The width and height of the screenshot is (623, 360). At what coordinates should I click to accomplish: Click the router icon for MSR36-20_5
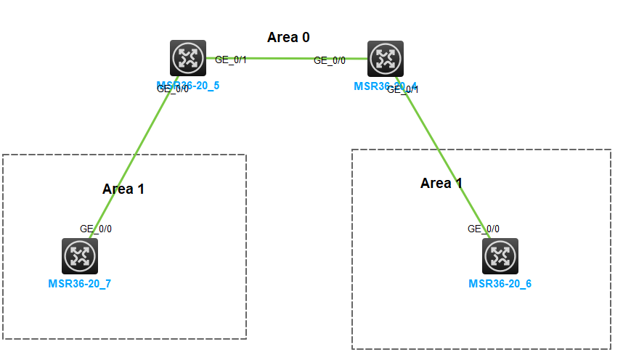[x=189, y=58]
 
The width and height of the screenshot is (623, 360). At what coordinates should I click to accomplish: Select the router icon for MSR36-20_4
[x=386, y=58]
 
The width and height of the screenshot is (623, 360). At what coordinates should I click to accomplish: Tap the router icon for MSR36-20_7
[x=80, y=255]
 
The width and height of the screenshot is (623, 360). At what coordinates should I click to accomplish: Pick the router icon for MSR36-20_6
[x=500, y=255]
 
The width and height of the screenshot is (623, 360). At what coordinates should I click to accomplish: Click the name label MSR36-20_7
[x=80, y=284]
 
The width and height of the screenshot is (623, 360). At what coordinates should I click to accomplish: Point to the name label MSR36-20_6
[x=500, y=284]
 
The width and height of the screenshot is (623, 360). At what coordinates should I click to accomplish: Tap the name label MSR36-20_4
[x=370, y=86]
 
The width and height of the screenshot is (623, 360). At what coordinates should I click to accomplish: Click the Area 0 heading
[x=288, y=38]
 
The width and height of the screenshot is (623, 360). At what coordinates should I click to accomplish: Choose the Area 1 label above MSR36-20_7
[x=123, y=189]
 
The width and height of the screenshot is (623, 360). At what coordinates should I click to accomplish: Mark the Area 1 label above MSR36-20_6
[x=441, y=184]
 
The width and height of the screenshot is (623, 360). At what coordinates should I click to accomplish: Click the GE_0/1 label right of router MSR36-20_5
[x=231, y=60]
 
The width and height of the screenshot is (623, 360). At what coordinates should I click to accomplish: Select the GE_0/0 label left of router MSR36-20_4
[x=330, y=61]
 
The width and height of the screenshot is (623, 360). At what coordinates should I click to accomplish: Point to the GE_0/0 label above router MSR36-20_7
[x=96, y=229]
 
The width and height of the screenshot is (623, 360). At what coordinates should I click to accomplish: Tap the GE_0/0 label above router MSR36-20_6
[x=484, y=229]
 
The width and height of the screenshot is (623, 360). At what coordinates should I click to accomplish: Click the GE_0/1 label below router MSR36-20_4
[x=404, y=89]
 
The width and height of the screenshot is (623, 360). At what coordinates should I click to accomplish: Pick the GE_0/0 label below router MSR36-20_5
[x=173, y=89]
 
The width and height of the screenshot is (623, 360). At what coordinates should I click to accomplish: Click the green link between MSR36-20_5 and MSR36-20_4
[x=283, y=58]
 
